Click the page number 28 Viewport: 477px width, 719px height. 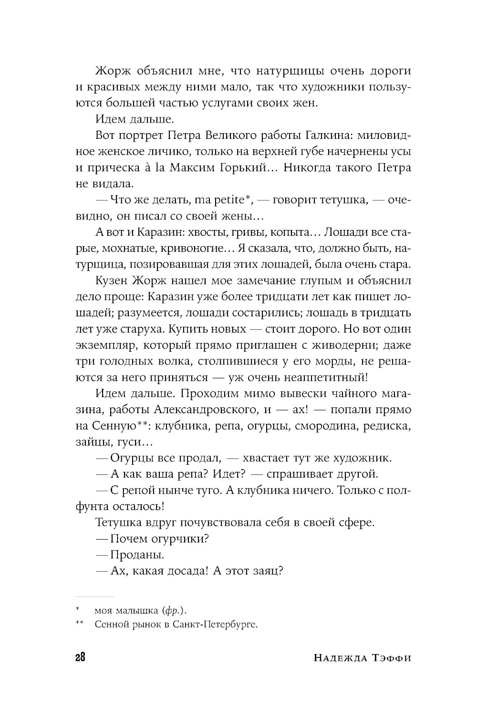[80, 657]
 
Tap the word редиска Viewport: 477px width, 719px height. [387, 426]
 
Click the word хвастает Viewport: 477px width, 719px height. [269, 458]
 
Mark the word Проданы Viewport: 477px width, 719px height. [137, 555]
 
